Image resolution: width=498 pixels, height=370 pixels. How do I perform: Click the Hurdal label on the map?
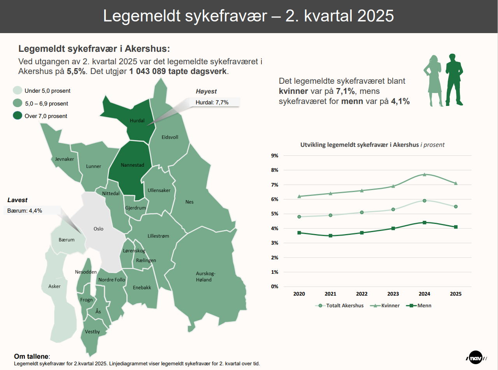pos(137,121)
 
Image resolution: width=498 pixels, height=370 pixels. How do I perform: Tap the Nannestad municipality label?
pos(132,165)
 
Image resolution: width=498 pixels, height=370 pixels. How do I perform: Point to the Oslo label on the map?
pos(98,229)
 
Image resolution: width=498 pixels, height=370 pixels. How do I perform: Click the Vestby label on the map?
pos(93,332)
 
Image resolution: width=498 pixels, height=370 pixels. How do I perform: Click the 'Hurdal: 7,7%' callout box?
pos(214,102)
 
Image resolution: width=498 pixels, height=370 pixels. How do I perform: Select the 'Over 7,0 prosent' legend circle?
pos(18,116)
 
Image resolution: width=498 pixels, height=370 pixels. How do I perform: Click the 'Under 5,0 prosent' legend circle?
pos(18,91)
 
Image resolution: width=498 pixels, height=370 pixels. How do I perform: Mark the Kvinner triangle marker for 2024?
pos(424,174)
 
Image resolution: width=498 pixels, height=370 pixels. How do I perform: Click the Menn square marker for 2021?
pos(330,236)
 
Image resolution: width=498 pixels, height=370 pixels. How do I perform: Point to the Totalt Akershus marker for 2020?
pos(299,217)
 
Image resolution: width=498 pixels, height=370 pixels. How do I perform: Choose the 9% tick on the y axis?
pos(274,156)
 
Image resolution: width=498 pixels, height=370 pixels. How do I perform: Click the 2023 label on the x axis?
pos(393,294)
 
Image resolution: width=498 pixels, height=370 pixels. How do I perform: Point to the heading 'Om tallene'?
pos(32,356)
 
